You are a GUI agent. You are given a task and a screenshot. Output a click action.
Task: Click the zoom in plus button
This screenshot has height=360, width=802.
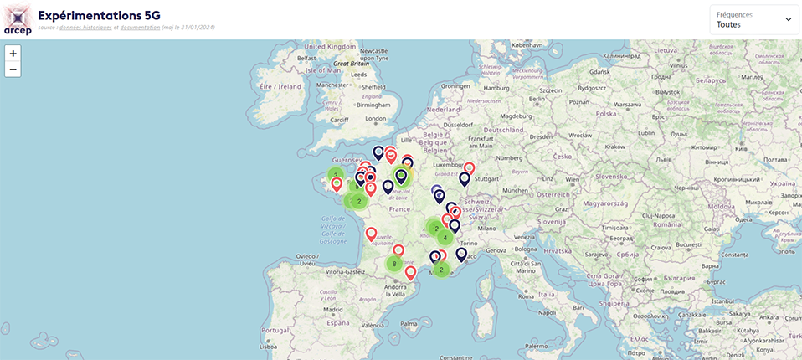(x=13, y=53)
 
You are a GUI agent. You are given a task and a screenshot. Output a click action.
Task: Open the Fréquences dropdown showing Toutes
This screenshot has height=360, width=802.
(x=753, y=20)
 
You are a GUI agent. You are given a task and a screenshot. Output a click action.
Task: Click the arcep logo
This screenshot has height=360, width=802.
(x=18, y=19)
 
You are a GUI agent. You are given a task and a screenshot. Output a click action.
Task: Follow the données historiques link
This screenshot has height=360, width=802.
(x=90, y=28)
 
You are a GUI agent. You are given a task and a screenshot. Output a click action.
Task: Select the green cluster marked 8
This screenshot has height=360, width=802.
(x=394, y=264)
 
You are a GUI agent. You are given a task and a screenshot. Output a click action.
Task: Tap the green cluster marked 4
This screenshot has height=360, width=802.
(x=445, y=237)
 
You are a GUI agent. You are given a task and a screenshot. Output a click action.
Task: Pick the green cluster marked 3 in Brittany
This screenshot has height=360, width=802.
(x=336, y=176)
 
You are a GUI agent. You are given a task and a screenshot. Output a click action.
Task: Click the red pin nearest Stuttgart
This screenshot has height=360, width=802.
(x=469, y=168)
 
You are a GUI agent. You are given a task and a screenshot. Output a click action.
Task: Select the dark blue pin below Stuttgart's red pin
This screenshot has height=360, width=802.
(x=464, y=179)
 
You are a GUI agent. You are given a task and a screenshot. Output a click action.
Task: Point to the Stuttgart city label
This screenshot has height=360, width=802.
(x=486, y=178)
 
